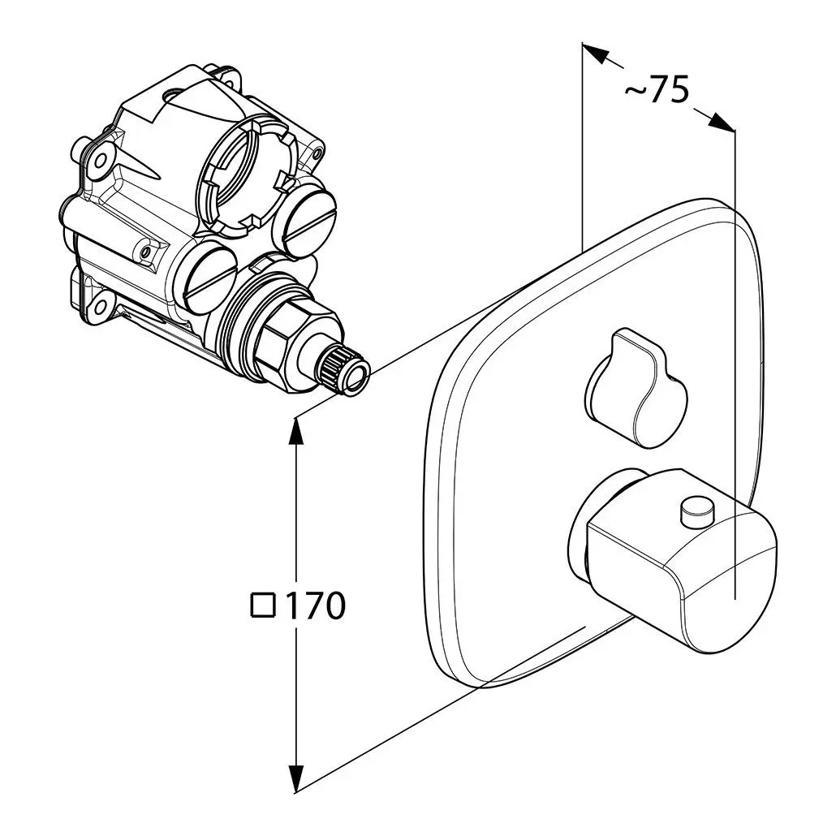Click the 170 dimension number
(x=315, y=605)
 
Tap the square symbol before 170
(x=265, y=605)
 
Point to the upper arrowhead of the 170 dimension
(x=298, y=433)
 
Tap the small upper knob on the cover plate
(x=637, y=386)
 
